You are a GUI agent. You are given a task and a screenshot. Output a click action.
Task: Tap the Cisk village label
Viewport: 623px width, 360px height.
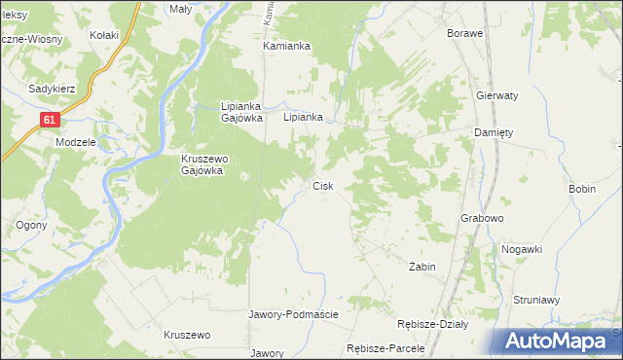click(x=323, y=186)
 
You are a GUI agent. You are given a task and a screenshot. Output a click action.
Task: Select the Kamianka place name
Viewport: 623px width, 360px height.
click(x=286, y=46)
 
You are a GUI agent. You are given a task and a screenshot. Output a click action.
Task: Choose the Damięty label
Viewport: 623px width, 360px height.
click(x=494, y=132)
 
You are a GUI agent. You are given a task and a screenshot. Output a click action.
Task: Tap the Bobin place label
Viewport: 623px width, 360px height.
click(x=582, y=188)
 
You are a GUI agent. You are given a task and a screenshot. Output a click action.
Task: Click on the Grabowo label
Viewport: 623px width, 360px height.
click(x=482, y=218)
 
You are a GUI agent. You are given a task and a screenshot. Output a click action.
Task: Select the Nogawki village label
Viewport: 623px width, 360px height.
click(x=522, y=249)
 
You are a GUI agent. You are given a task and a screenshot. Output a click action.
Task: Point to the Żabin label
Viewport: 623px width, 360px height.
click(x=422, y=266)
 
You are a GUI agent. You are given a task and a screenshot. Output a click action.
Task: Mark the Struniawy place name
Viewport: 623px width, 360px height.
click(x=537, y=301)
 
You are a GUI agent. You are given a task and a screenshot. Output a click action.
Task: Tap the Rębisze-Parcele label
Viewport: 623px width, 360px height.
click(x=386, y=348)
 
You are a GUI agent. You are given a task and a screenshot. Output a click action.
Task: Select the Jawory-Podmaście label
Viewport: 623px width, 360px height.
click(x=294, y=314)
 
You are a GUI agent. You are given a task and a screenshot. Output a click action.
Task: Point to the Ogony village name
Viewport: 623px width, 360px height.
click(x=26, y=225)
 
